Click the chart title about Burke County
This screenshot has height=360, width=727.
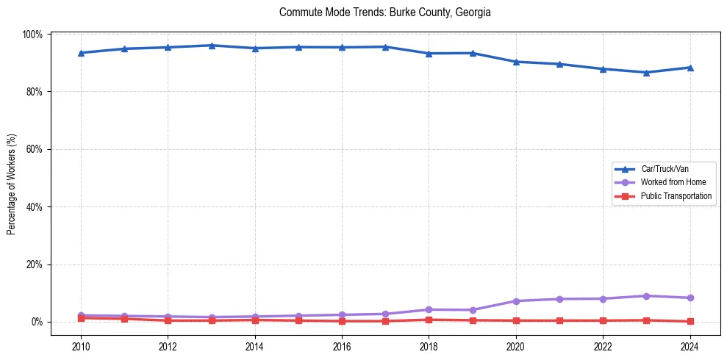(x=385, y=12)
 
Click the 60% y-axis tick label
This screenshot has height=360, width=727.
(x=35, y=149)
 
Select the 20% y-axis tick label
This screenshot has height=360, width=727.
(x=35, y=264)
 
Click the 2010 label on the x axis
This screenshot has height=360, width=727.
(x=81, y=346)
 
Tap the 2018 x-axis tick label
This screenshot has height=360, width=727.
(x=429, y=346)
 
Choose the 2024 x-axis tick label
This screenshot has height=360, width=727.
(x=690, y=346)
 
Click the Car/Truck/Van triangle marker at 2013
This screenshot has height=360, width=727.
(x=212, y=46)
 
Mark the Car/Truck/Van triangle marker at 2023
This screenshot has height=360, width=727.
(x=646, y=73)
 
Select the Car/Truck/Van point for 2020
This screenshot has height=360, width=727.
(x=516, y=62)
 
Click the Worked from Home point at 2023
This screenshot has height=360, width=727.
(x=646, y=296)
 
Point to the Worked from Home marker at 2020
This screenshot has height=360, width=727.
(x=516, y=301)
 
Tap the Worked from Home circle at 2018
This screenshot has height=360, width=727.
(x=429, y=309)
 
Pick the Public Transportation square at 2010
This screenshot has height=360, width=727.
(x=81, y=318)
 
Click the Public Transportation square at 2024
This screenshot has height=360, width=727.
(x=690, y=321)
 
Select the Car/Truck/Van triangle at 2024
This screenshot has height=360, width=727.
(x=690, y=68)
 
